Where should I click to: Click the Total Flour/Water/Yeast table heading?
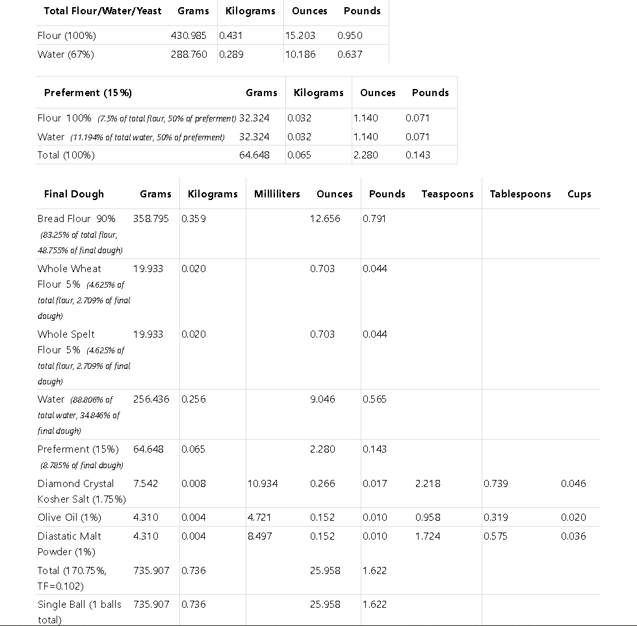click(x=103, y=11)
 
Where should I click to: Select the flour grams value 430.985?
click(x=189, y=36)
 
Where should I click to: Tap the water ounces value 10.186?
click(x=300, y=55)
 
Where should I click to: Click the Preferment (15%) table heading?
click(x=88, y=93)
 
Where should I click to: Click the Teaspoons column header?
click(x=447, y=194)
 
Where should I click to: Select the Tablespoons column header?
click(x=520, y=194)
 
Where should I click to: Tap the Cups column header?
click(x=579, y=194)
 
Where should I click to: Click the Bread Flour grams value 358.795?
click(x=151, y=219)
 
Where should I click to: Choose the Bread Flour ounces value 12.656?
click(x=325, y=219)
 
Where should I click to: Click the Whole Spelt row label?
click(x=66, y=334)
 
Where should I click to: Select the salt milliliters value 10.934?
click(x=263, y=484)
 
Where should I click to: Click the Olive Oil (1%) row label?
click(x=70, y=518)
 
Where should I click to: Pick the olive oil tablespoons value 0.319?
click(x=496, y=518)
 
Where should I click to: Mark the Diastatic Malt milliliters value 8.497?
click(x=260, y=536)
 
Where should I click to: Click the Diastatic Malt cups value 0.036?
click(x=573, y=536)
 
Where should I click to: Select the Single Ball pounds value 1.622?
click(x=374, y=605)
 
